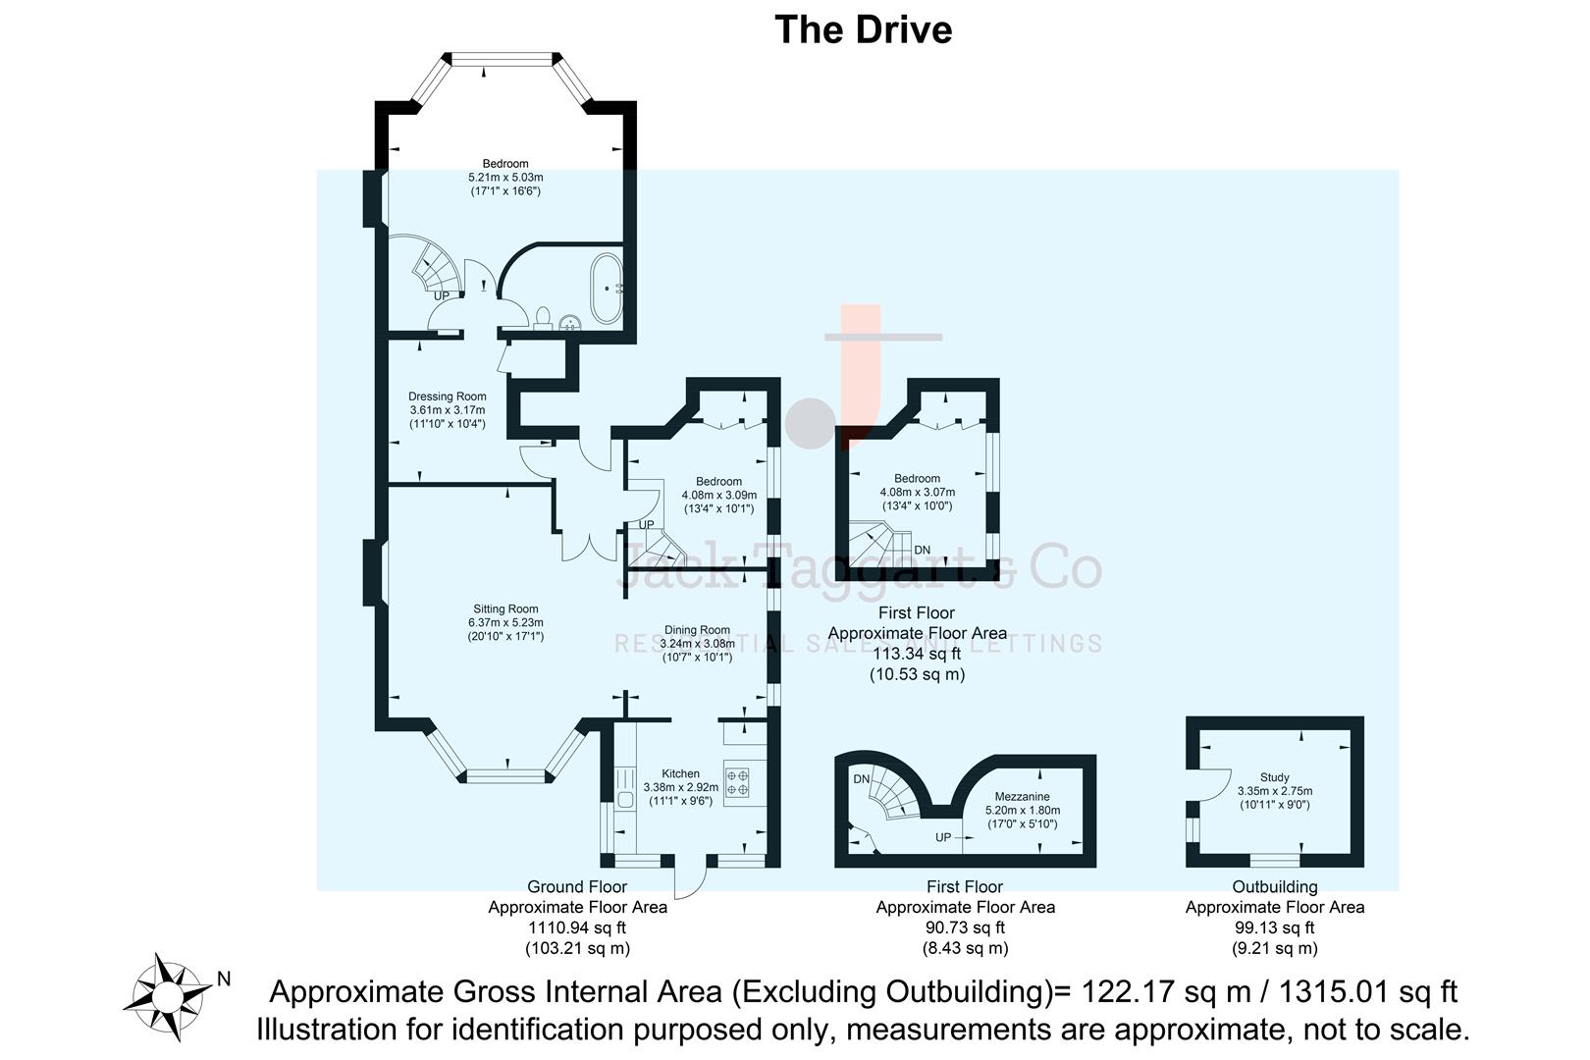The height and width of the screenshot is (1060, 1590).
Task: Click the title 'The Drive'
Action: coord(863,29)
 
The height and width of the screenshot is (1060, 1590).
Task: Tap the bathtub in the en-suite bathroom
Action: coord(606,289)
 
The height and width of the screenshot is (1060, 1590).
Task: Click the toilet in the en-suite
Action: coord(543,317)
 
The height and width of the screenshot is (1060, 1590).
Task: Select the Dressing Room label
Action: coord(447,397)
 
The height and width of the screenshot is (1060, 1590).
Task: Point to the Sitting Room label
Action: coord(505,609)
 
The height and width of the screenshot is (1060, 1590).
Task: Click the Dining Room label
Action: coord(697,630)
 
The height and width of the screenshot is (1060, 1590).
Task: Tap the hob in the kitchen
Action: coord(737,781)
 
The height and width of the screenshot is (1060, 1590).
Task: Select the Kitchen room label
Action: coord(680,773)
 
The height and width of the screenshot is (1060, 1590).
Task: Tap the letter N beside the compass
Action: coord(224,979)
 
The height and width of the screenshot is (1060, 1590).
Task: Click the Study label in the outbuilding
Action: coord(1274,777)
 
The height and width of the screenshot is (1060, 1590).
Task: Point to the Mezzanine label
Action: coord(1022,797)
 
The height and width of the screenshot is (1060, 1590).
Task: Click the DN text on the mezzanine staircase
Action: coord(862,779)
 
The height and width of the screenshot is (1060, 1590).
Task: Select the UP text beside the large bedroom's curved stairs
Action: coord(442,295)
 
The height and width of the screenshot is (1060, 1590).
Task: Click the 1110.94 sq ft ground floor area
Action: coord(577,927)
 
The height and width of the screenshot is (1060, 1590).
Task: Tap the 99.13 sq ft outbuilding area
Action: coord(1274,927)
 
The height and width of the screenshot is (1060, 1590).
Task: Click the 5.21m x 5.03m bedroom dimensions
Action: coord(505,178)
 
